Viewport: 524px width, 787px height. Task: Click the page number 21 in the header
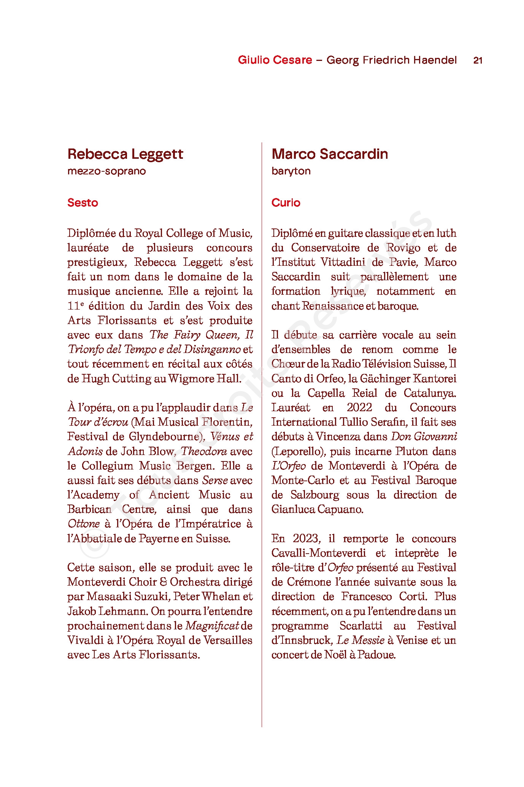478,60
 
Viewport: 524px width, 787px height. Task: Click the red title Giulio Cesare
275,60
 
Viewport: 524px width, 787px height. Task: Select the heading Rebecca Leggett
125,154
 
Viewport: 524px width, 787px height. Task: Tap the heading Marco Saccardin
330,154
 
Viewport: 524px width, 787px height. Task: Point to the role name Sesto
83,203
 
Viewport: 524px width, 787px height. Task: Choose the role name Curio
286,203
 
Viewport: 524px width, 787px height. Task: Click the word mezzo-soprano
106,171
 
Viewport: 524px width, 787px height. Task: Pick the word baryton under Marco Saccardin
291,171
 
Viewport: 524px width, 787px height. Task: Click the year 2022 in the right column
359,407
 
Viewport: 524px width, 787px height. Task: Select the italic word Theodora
204,451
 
